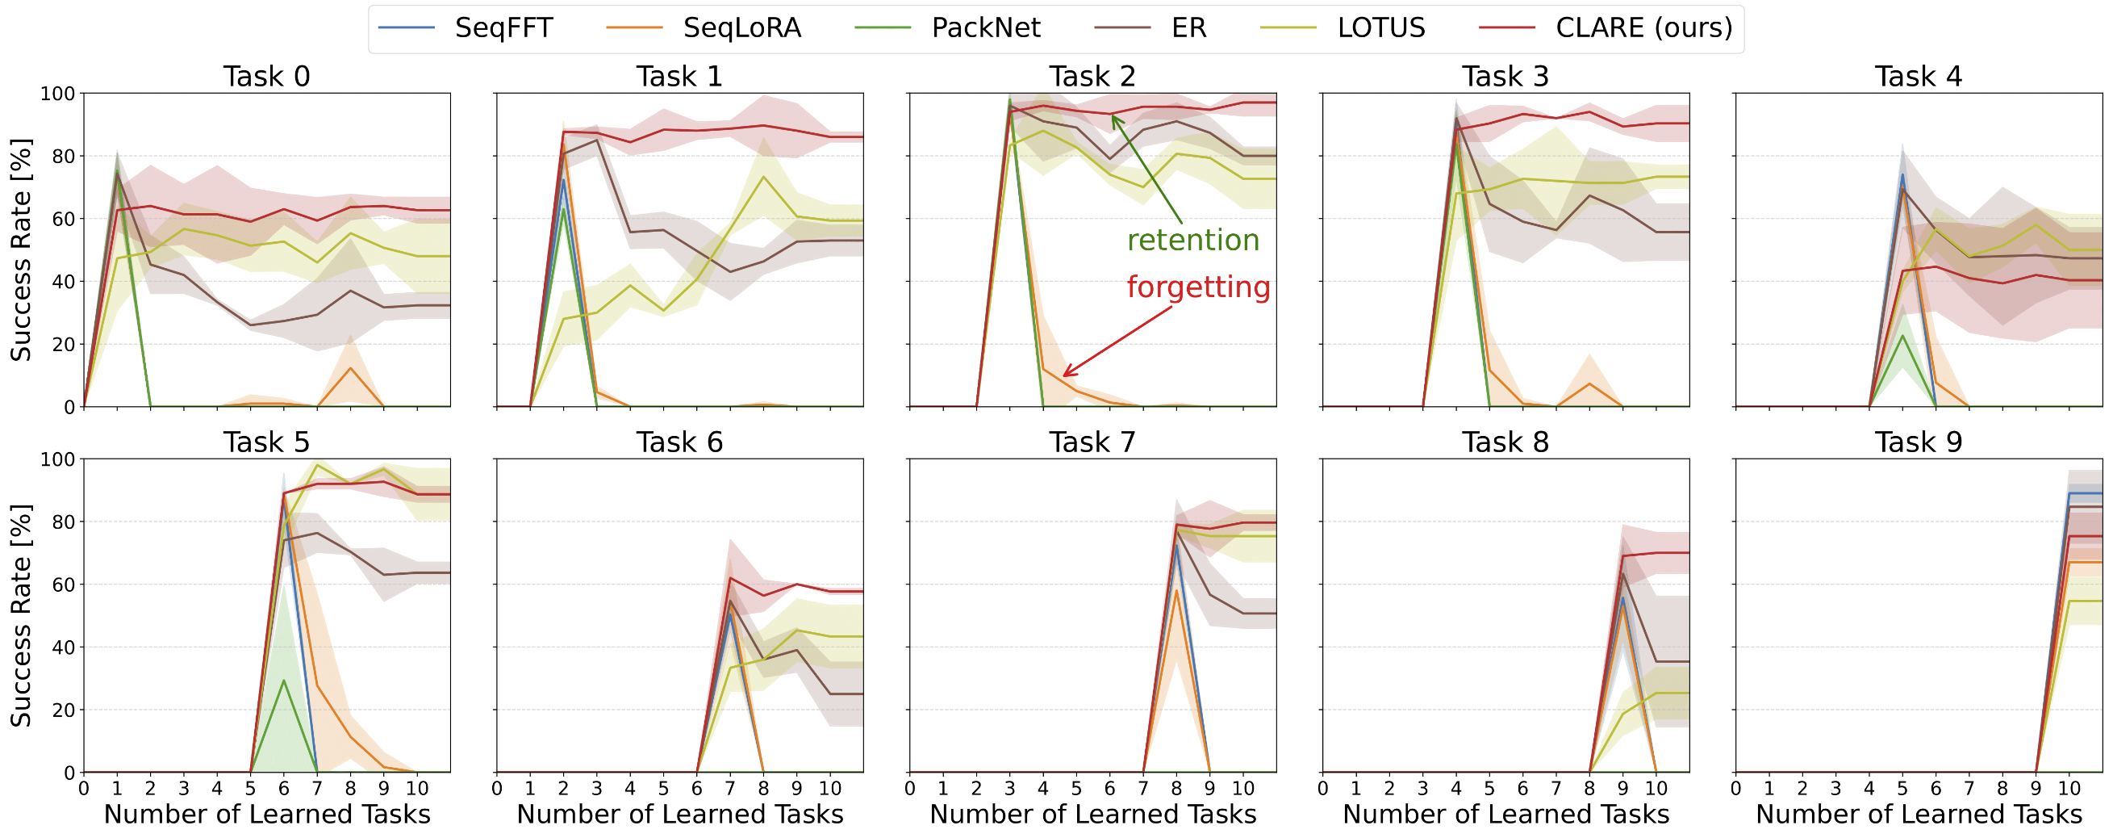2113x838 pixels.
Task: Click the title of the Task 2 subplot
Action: click(1092, 77)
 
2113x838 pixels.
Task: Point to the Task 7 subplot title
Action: click(1092, 442)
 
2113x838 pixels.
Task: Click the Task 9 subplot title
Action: click(1918, 442)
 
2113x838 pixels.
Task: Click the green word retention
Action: click(1192, 241)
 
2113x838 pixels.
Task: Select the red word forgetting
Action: click(1197, 287)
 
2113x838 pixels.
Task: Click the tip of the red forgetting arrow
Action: click(1064, 376)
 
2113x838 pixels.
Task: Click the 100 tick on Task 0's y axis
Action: click(57, 94)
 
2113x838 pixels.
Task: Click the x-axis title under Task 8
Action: click(1505, 815)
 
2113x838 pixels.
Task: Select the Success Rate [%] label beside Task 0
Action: click(20, 249)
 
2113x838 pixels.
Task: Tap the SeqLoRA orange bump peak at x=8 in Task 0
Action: click(350, 367)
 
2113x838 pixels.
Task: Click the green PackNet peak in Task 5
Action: click(284, 681)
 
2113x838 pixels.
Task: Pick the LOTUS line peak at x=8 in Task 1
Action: click(764, 177)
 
